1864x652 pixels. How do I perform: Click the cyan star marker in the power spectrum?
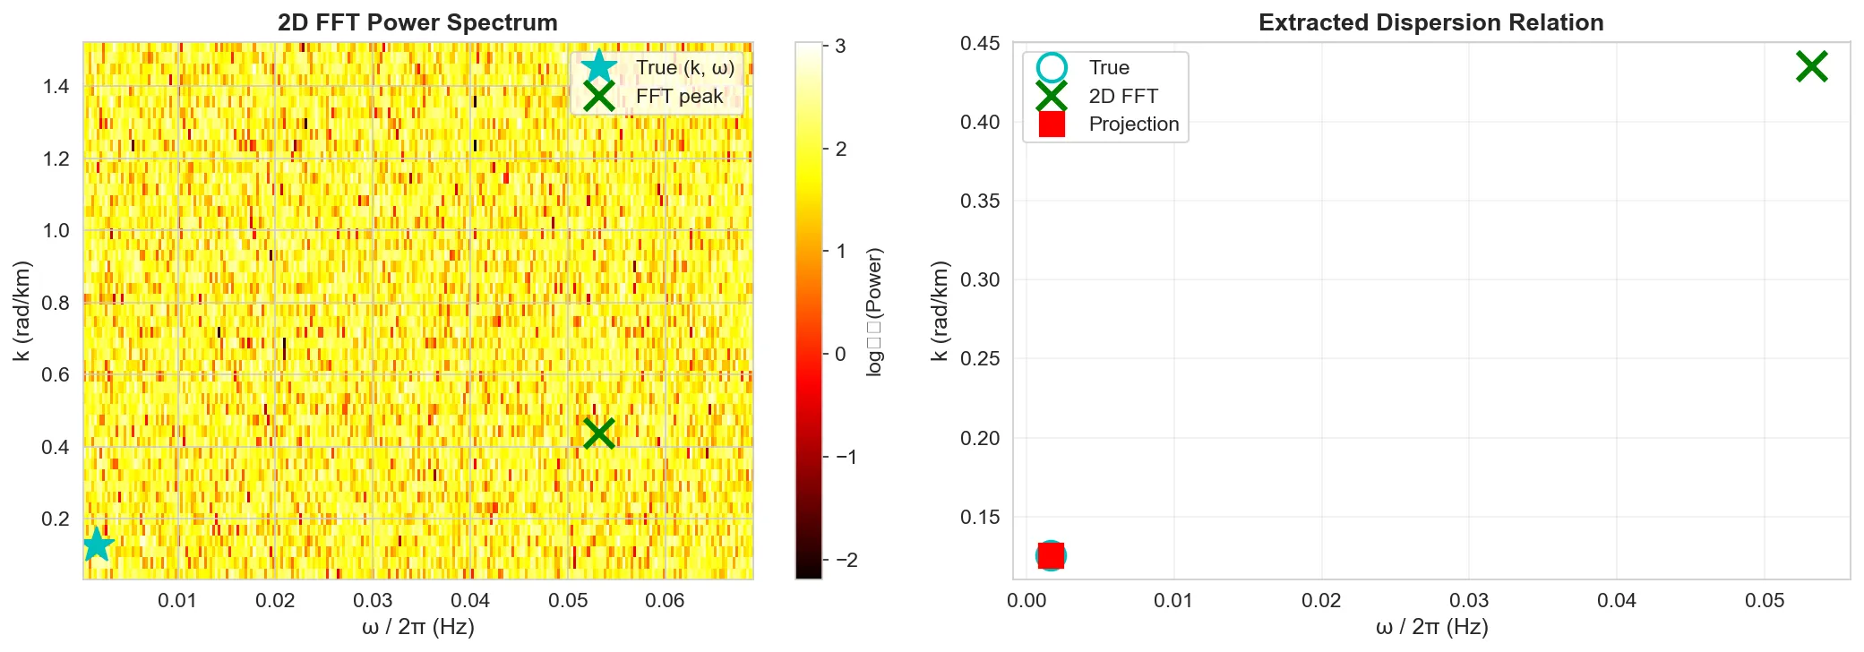[x=98, y=544]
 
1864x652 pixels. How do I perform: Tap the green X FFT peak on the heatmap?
[x=598, y=433]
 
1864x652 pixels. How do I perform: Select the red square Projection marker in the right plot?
[x=1051, y=555]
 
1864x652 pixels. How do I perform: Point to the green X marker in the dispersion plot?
[x=1811, y=66]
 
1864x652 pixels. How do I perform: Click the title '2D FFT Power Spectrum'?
[x=417, y=22]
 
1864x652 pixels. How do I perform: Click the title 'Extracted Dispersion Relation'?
[x=1430, y=22]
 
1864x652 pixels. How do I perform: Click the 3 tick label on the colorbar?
[x=840, y=46]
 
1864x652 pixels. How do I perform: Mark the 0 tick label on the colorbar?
[x=840, y=354]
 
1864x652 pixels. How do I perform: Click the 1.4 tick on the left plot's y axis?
[x=56, y=87]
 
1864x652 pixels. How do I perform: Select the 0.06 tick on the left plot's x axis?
[x=665, y=600]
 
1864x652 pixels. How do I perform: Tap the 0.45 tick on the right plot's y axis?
[x=980, y=44]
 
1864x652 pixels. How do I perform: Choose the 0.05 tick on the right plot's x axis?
[x=1764, y=600]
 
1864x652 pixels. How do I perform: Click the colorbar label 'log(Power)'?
[x=874, y=312]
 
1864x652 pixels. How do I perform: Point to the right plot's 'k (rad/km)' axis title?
[x=939, y=312]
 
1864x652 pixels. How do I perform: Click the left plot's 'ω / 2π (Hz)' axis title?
[x=417, y=627]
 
